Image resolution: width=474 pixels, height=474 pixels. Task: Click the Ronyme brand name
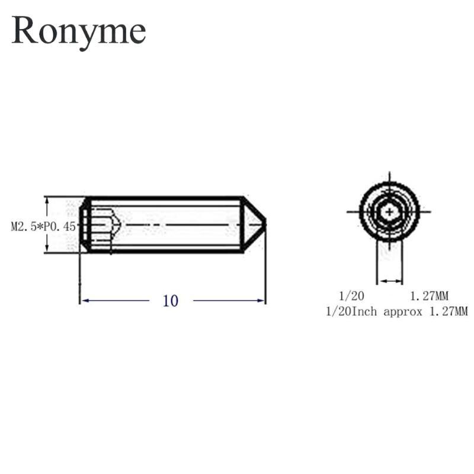click(79, 32)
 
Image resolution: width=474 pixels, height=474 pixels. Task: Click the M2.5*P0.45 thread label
click(43, 226)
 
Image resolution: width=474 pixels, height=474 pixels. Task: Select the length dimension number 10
click(171, 301)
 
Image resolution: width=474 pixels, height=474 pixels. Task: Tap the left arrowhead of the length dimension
click(85, 300)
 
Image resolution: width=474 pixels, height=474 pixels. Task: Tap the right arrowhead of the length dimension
click(261, 300)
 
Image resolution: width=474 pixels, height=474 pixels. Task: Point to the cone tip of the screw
click(265, 225)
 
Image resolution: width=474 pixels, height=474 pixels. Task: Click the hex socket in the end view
click(389, 212)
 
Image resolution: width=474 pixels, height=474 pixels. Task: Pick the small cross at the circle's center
click(389, 212)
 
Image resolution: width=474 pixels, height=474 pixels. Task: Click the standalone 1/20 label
click(351, 296)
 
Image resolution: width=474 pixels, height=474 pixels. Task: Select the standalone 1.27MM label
click(429, 296)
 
